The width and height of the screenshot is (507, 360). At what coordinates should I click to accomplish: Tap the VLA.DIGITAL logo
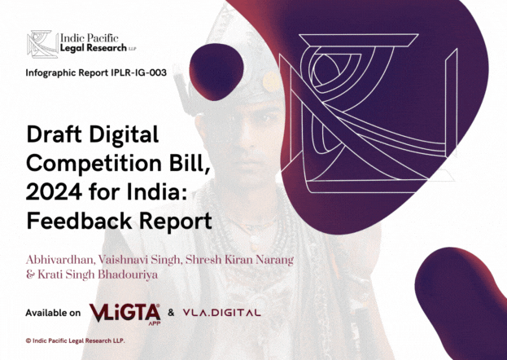[220, 312]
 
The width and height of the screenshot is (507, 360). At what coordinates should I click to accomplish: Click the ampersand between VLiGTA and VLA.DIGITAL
[170, 313]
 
